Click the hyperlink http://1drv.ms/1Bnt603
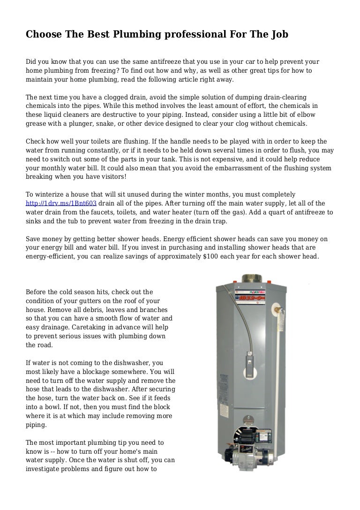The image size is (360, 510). click(61, 203)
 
